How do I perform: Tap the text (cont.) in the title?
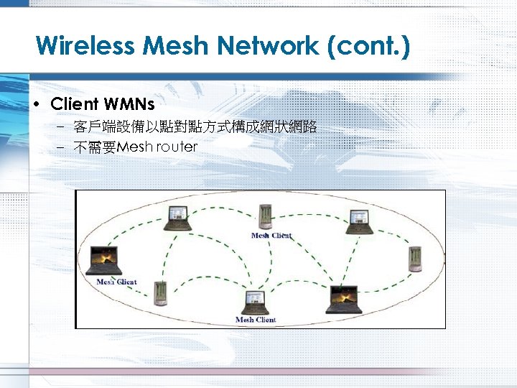[x=368, y=47]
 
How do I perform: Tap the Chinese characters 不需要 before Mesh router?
[x=95, y=147]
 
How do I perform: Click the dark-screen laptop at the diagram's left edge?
[x=103, y=262]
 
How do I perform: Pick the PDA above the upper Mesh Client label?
[x=265, y=218]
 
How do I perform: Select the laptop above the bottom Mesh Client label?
[x=255, y=302]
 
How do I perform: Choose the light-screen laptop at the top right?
[x=358, y=221]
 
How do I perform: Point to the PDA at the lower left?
[x=159, y=290]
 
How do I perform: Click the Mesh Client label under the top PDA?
[x=271, y=236]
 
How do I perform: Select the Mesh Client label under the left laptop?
[x=116, y=282]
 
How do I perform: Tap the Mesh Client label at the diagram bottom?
[x=256, y=320]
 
